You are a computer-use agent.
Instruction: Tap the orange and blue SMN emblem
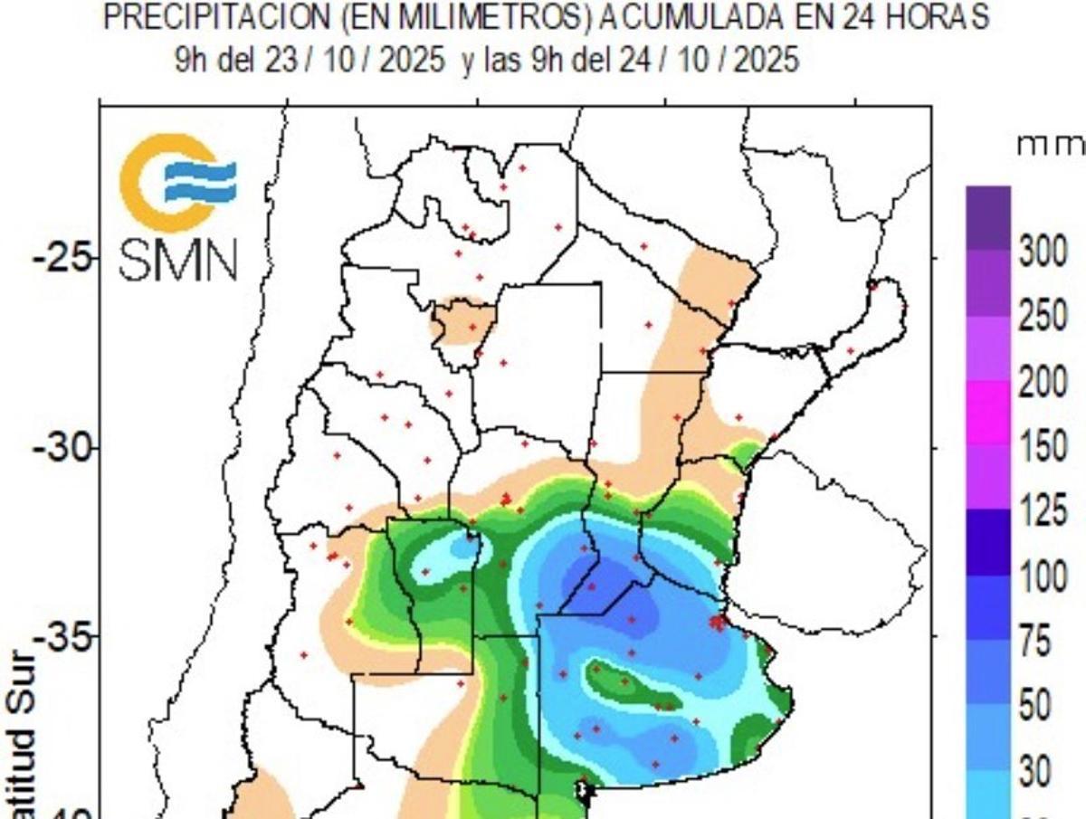(x=177, y=181)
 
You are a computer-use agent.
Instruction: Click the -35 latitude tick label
(x=62, y=637)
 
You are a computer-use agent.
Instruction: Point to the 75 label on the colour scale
(x=1035, y=643)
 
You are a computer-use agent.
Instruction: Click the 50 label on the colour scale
(x=1035, y=707)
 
